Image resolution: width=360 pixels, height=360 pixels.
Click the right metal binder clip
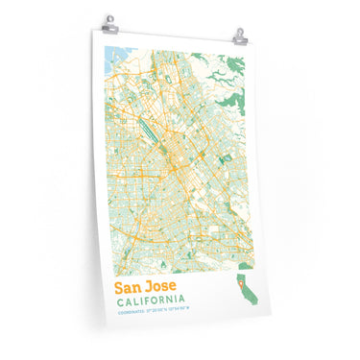tap(239, 36)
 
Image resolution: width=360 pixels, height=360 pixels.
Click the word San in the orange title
tap(132, 288)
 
